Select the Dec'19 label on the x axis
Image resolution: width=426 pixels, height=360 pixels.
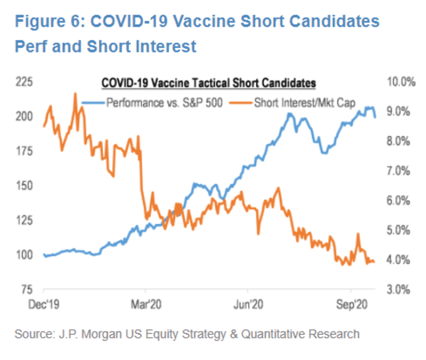point(44,302)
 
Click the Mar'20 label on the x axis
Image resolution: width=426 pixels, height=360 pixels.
point(145,302)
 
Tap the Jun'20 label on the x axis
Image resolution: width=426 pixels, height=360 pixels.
point(248,302)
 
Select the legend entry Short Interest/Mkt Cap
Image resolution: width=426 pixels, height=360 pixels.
point(304,102)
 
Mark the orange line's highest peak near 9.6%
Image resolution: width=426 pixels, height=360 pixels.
point(75,94)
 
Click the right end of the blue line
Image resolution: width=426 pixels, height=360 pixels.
point(375,117)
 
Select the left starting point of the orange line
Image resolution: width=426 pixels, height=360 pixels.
point(44,127)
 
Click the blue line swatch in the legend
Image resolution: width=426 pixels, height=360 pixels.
point(93,102)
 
